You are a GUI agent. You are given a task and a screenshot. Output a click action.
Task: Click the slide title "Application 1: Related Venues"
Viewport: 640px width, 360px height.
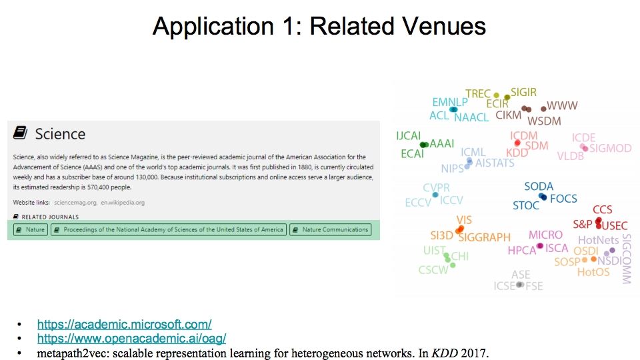click(319, 26)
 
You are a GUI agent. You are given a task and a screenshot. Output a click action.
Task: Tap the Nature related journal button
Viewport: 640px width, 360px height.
click(31, 229)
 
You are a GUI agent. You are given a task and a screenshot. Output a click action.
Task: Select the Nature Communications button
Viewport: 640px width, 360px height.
click(330, 229)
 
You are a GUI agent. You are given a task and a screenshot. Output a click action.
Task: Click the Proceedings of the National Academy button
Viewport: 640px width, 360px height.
click(168, 229)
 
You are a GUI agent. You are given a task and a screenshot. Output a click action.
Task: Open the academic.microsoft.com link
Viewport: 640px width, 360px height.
click(124, 325)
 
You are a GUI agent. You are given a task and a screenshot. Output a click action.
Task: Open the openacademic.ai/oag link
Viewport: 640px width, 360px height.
click(131, 339)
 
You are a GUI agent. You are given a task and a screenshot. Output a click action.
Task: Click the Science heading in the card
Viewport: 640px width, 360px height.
click(60, 134)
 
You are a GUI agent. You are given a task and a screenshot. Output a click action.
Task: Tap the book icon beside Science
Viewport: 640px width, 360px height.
click(21, 133)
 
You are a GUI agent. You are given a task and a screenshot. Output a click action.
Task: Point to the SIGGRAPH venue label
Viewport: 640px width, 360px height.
click(484, 237)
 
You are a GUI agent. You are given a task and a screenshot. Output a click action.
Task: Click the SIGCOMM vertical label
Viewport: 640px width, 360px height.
click(626, 259)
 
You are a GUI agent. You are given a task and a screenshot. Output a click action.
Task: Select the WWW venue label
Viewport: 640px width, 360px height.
click(562, 106)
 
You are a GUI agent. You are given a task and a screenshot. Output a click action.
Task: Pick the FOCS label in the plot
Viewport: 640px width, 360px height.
click(563, 199)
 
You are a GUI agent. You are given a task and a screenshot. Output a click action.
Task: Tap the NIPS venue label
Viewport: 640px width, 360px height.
click(453, 169)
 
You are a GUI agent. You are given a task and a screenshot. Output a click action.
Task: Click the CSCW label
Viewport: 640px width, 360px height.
click(433, 271)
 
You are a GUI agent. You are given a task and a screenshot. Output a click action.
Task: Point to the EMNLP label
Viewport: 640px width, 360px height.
click(450, 103)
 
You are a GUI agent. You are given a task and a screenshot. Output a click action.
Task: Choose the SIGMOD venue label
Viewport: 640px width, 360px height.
click(610, 149)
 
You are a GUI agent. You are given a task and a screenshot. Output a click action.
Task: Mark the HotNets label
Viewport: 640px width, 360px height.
click(598, 240)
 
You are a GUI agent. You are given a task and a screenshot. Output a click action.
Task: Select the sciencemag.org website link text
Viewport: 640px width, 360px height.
click(75, 202)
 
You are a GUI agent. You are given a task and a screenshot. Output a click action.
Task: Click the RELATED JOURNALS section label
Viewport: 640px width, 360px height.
click(50, 217)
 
